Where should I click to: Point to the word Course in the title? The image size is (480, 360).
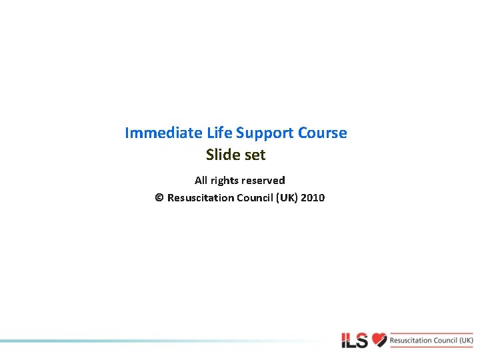coord(323,133)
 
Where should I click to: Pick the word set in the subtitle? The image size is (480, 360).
coord(255,155)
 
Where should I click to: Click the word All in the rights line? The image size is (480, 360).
coord(201,180)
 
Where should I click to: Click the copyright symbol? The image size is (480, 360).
coord(159,198)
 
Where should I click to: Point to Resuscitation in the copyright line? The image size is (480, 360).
coord(201,198)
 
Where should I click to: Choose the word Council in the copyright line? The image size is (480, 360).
coord(257,198)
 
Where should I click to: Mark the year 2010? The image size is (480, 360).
coord(313,198)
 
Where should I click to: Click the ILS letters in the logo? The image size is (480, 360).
coord(355,341)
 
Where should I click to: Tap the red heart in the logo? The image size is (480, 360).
coord(379,340)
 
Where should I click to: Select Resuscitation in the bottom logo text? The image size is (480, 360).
coord(411,341)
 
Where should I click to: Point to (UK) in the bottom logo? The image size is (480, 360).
coord(467,341)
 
